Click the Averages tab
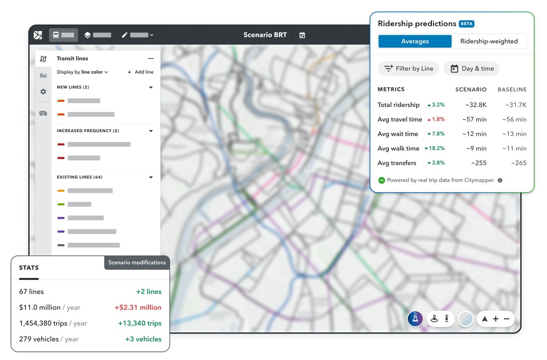click(415, 41)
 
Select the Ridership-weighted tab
click(489, 41)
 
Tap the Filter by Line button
click(408, 68)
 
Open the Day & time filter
click(471, 68)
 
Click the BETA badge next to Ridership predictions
click(467, 24)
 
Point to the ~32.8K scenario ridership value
click(476, 105)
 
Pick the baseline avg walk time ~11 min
click(514, 148)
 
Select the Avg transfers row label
click(397, 163)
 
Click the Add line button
click(141, 72)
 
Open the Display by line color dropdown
click(83, 72)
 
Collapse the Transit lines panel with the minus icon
click(151, 58)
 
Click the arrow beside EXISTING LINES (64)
click(151, 177)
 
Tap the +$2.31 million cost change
click(138, 307)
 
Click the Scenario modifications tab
click(137, 263)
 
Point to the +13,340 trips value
click(140, 323)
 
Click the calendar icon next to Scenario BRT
click(302, 35)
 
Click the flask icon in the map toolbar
click(415, 319)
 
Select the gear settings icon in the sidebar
click(43, 92)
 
